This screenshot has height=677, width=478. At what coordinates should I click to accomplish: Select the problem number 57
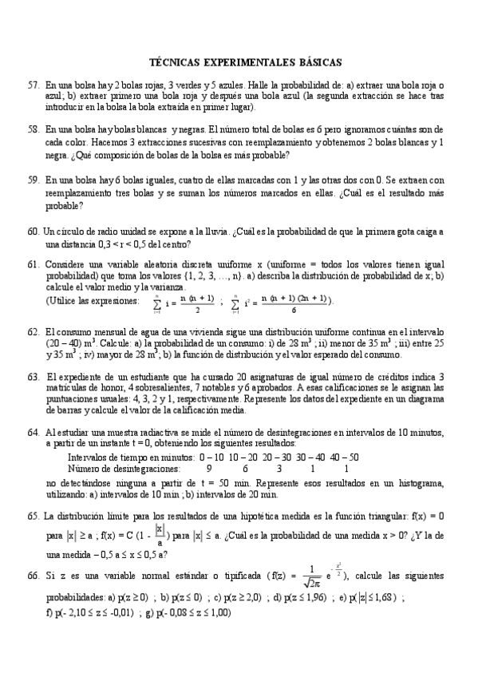tap(33, 85)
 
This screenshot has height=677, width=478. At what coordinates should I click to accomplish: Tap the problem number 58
tap(33, 129)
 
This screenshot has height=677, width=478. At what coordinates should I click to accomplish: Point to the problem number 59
tap(33, 181)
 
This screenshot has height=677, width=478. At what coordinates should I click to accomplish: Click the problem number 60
tap(33, 232)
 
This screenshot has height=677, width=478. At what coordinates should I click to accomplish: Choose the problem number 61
tap(33, 264)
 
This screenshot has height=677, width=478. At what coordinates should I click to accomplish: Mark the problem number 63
tap(33, 375)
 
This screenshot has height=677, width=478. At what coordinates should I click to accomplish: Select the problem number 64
tap(33, 432)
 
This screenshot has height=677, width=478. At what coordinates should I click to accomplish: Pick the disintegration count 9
tap(209, 469)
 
